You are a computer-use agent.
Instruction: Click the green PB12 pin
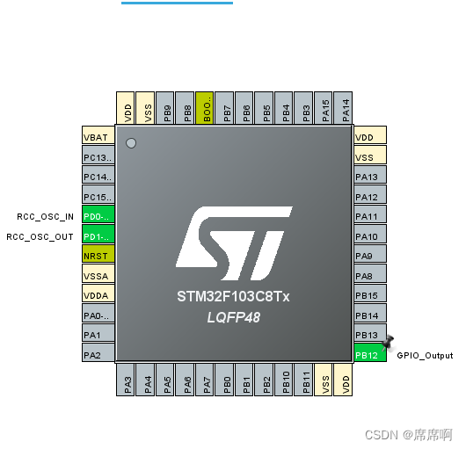(370, 355)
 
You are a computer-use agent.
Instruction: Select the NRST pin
(98, 256)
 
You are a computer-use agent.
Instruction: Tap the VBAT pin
(98, 137)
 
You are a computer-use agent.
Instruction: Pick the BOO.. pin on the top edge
(205, 108)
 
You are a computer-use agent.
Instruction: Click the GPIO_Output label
(425, 355)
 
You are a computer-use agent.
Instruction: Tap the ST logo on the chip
(234, 238)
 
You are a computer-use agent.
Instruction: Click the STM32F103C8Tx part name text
(234, 297)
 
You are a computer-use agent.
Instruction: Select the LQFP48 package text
(234, 315)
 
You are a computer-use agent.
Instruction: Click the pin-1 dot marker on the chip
(132, 142)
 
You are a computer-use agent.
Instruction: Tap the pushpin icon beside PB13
(388, 343)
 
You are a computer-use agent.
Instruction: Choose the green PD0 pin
(98, 216)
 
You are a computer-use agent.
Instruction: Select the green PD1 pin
(98, 236)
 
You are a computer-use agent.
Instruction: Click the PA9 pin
(370, 256)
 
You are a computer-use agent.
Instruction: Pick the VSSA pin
(98, 276)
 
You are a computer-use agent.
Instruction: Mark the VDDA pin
(98, 295)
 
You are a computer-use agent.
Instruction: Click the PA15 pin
(325, 108)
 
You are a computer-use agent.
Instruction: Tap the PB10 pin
(286, 380)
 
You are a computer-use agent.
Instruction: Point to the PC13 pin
(98, 157)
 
